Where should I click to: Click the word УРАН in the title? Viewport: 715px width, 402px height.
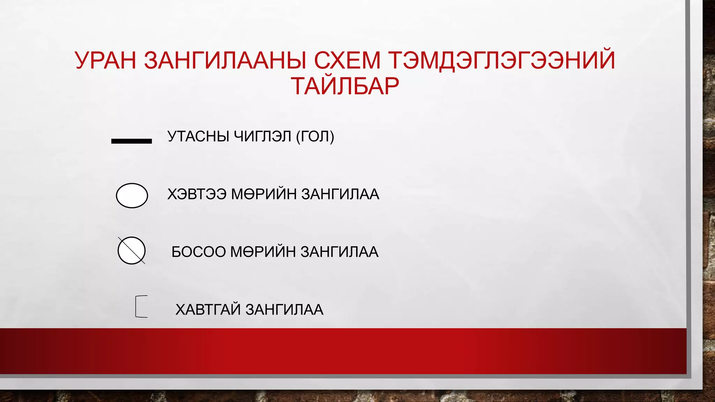point(105,60)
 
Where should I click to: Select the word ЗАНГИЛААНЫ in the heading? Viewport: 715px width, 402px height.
point(225,60)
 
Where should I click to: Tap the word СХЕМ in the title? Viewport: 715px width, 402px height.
point(348,60)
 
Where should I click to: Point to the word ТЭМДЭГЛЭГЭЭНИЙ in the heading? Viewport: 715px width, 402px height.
point(502,60)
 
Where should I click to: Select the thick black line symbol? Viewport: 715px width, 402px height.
point(131,141)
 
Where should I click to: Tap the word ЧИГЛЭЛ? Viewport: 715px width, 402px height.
point(263,136)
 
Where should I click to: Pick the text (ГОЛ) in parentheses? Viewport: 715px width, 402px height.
point(315,136)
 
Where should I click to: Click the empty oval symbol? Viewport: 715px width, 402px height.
point(132,195)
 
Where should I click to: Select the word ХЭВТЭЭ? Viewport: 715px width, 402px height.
point(197,194)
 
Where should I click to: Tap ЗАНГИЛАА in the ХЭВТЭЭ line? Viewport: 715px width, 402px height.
point(340,194)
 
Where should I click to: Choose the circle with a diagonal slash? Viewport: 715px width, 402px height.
point(131,251)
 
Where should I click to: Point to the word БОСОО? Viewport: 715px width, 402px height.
point(199,252)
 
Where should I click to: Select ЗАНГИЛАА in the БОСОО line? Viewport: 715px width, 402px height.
point(339,252)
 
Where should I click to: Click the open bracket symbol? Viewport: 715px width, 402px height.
point(141,306)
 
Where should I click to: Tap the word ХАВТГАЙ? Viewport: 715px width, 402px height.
point(208,310)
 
